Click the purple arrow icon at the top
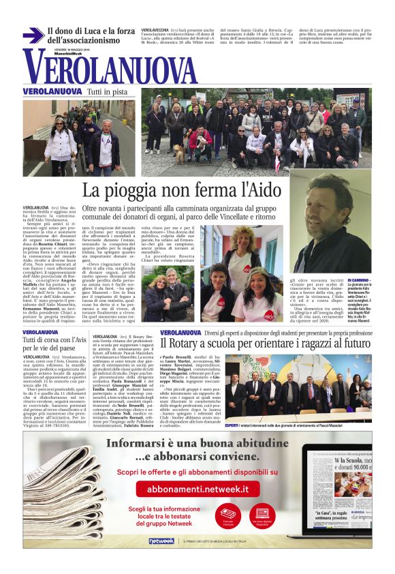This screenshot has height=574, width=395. [33, 35]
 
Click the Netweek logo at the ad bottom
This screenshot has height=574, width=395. [161, 541]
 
